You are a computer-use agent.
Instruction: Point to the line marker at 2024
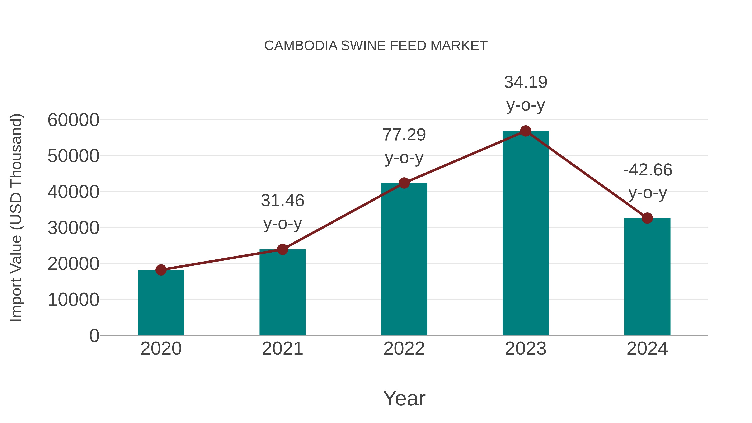tap(647, 218)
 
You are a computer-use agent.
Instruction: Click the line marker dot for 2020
tap(161, 270)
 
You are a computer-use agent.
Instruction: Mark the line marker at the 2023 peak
tap(526, 131)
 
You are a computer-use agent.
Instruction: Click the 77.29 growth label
tap(404, 135)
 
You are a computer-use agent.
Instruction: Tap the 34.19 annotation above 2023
tap(526, 82)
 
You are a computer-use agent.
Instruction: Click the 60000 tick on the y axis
tap(73, 120)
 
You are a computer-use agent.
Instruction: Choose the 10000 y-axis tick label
tap(73, 300)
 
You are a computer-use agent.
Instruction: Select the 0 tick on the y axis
tap(94, 335)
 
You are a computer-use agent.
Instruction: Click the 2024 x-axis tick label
tap(647, 349)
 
